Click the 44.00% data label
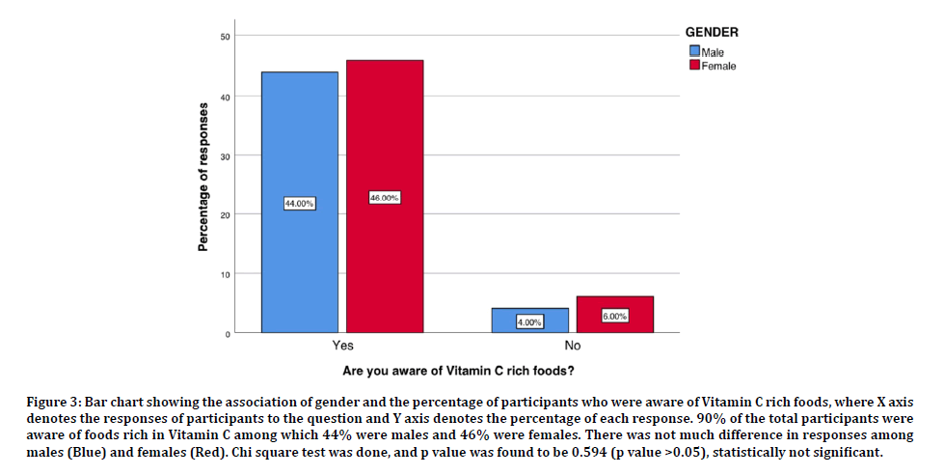(x=299, y=204)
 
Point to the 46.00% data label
(x=385, y=198)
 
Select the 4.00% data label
(x=529, y=322)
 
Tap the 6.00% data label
(x=615, y=316)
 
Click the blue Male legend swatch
(x=693, y=52)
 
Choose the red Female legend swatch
(x=693, y=66)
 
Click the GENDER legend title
(x=712, y=32)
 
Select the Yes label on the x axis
(x=341, y=346)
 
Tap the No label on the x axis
(x=572, y=346)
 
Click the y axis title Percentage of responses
(x=203, y=177)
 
